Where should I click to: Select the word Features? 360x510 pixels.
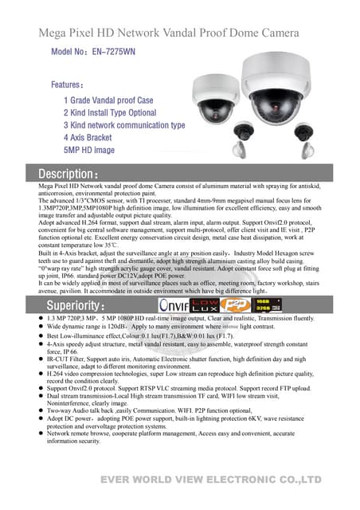click(68, 84)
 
